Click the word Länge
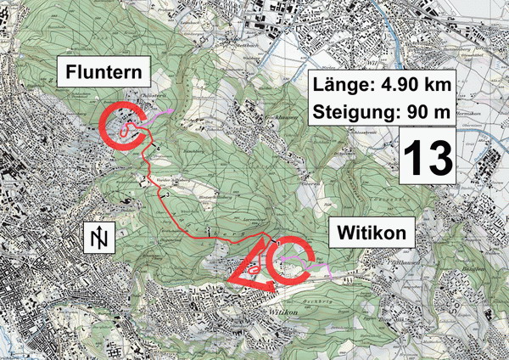click(x=346, y=85)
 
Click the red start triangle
click(x=253, y=270)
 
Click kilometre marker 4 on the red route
click(x=157, y=150)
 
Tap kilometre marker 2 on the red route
click(x=208, y=229)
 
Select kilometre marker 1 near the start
click(x=277, y=244)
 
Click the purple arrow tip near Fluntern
click(x=173, y=110)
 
